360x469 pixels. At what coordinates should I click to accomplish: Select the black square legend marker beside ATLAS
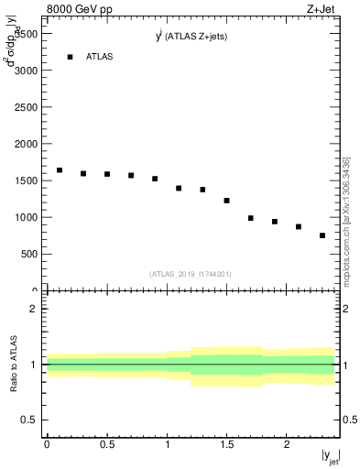pyautogui.click(x=70, y=57)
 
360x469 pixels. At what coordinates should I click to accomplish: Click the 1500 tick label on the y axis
pyautogui.click(x=25, y=180)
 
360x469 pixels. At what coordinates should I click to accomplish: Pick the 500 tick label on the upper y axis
pyautogui.click(x=27, y=255)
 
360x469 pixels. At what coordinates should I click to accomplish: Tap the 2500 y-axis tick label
pyautogui.click(x=25, y=107)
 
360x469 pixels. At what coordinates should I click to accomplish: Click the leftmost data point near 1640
pyautogui.click(x=60, y=170)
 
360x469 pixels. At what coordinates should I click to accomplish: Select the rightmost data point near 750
pyautogui.click(x=322, y=235)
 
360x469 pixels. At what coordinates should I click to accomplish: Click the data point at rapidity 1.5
pyautogui.click(x=226, y=201)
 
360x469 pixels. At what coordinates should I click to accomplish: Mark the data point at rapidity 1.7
pyautogui.click(x=251, y=218)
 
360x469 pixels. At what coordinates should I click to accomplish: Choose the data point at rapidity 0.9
pyautogui.click(x=155, y=179)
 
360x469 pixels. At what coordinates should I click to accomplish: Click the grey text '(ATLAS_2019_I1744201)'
pyautogui.click(x=191, y=274)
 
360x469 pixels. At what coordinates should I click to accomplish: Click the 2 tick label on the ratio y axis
pyautogui.click(x=34, y=309)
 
